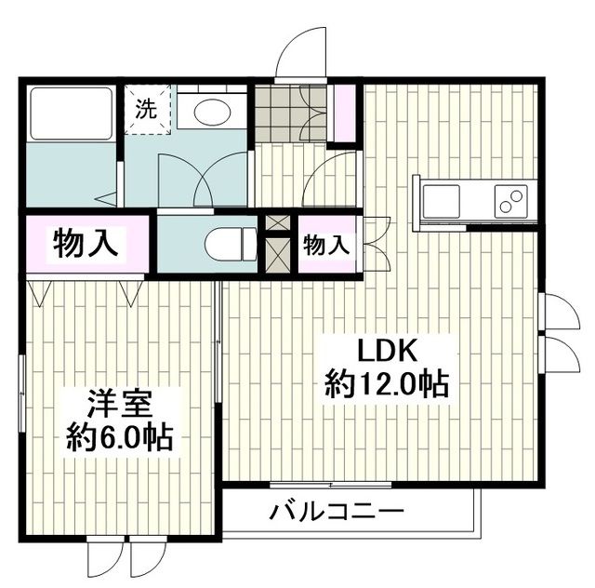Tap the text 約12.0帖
(386, 383)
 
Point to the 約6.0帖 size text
(120, 436)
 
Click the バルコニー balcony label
(337, 511)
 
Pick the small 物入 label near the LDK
(326, 246)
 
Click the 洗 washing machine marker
(148, 107)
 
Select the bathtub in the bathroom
(70, 114)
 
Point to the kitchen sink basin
(441, 200)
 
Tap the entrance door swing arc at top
(303, 51)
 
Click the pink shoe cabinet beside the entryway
(345, 113)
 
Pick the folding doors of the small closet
(377, 245)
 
